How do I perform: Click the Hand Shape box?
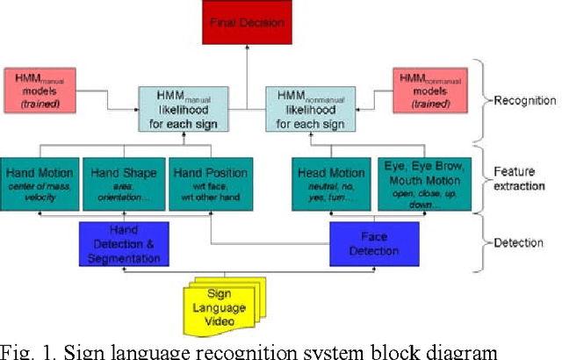pos(123,183)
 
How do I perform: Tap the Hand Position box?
pos(208,183)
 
